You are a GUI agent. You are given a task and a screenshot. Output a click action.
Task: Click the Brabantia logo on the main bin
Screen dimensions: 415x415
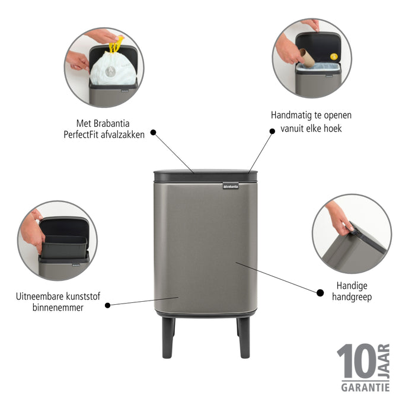231,186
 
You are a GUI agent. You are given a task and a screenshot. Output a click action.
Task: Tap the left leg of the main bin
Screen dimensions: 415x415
168,337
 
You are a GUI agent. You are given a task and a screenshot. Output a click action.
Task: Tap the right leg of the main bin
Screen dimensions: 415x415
244,337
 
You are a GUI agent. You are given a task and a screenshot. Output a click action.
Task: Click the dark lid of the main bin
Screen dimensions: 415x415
205,176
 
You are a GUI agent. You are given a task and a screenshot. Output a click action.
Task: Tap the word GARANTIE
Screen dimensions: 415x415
365,388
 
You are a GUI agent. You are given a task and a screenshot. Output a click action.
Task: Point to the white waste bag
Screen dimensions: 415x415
113,69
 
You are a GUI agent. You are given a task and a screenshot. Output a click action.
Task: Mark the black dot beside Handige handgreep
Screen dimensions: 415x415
320,292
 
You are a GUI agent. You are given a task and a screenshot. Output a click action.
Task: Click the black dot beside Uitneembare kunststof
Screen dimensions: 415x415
107,305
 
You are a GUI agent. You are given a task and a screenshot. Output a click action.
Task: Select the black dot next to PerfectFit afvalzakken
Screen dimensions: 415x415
153,133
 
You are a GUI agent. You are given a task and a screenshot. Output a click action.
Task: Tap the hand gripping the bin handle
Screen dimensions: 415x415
339,217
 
